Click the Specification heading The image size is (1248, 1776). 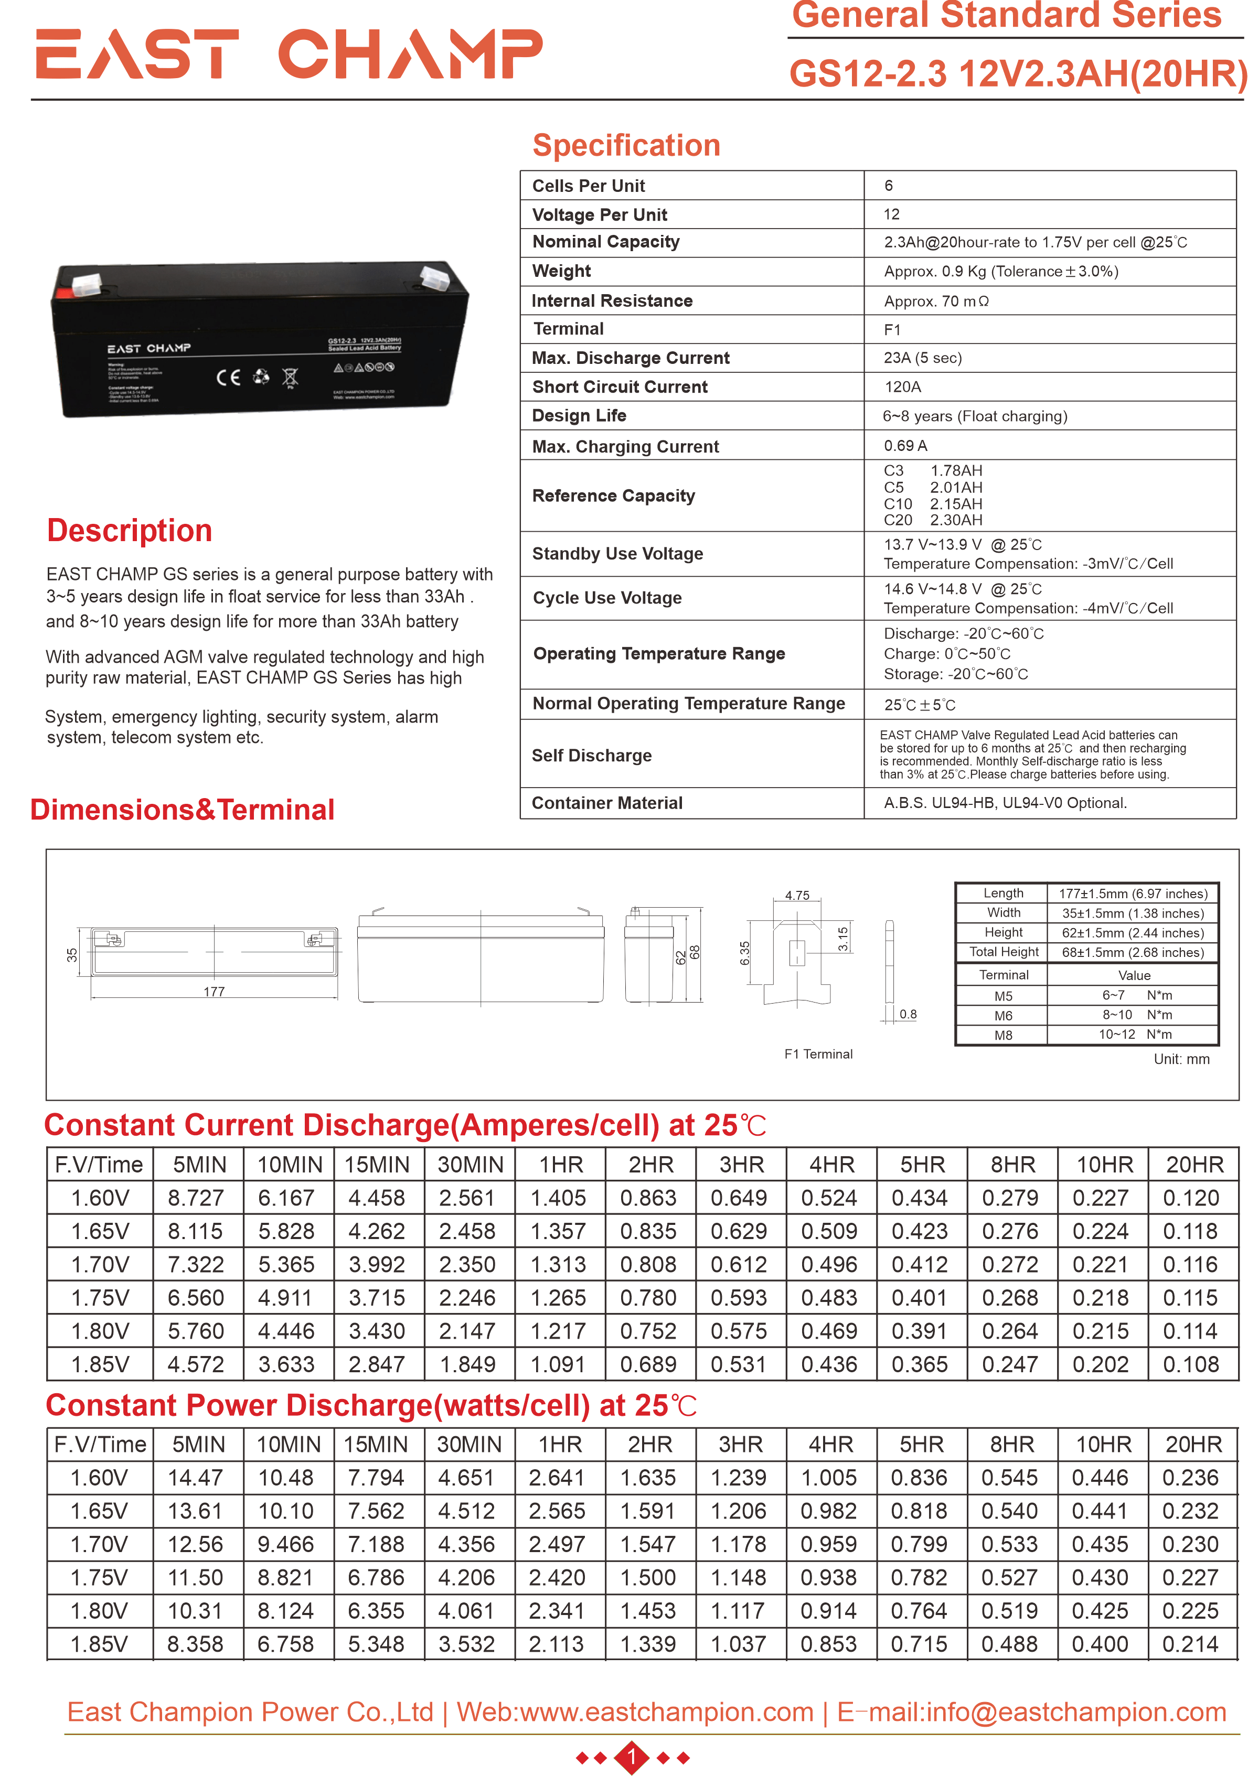pyautogui.click(x=626, y=145)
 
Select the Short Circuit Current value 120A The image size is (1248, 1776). pyautogui.click(x=902, y=387)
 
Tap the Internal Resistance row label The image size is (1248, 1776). pyautogui.click(x=612, y=301)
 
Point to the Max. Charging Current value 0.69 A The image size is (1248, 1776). pyautogui.click(x=905, y=446)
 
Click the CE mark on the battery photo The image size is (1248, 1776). pyautogui.click(x=228, y=378)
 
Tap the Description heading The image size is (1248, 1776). pyautogui.click(x=129, y=531)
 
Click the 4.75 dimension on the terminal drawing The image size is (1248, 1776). pyautogui.click(x=797, y=895)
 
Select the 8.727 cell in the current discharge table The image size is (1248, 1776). pyautogui.click(x=196, y=1198)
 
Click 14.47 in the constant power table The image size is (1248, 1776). pyautogui.click(x=195, y=1478)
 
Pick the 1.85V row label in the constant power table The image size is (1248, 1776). pyautogui.click(x=99, y=1644)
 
